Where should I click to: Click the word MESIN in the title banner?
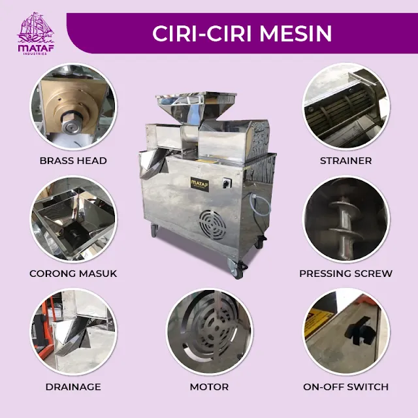[296, 33]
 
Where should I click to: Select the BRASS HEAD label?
[73, 161]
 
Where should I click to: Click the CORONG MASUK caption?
[73, 274]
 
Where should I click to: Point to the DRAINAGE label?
[73, 387]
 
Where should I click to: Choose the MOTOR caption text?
[209, 387]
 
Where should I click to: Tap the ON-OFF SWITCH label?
[346, 387]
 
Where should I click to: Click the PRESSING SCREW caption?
[346, 274]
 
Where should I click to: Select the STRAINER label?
[346, 161]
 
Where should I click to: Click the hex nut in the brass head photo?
[71, 125]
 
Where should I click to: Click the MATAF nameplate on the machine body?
[199, 184]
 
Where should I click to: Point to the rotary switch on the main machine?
[227, 183]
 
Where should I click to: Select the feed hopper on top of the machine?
[196, 106]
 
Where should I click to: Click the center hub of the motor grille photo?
[217, 328]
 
